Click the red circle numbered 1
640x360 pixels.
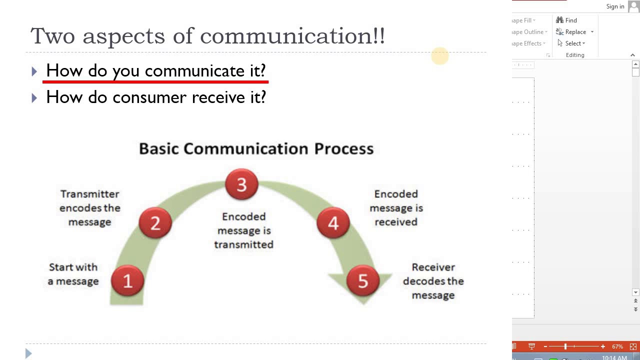pyautogui.click(x=127, y=280)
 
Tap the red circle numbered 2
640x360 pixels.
pyautogui.click(x=155, y=223)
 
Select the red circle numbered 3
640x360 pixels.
pyautogui.click(x=241, y=184)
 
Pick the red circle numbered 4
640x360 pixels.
pyautogui.click(x=333, y=223)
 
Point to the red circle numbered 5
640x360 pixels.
pyautogui.click(x=363, y=280)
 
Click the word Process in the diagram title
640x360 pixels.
pyautogui.click(x=343, y=149)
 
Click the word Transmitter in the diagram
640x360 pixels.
pyautogui.click(x=90, y=194)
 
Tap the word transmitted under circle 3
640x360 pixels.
pyautogui.click(x=243, y=244)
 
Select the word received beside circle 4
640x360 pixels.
pyautogui.click(x=396, y=222)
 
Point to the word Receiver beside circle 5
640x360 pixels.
pyautogui.click(x=433, y=267)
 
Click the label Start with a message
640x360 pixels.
pyautogui.click(x=73, y=274)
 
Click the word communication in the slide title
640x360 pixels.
pyautogui.click(x=292, y=36)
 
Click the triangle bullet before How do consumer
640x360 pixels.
pyautogui.click(x=34, y=98)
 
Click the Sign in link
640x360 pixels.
pyautogui.click(x=615, y=6)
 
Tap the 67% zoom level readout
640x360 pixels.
pyautogui.click(x=617, y=346)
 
